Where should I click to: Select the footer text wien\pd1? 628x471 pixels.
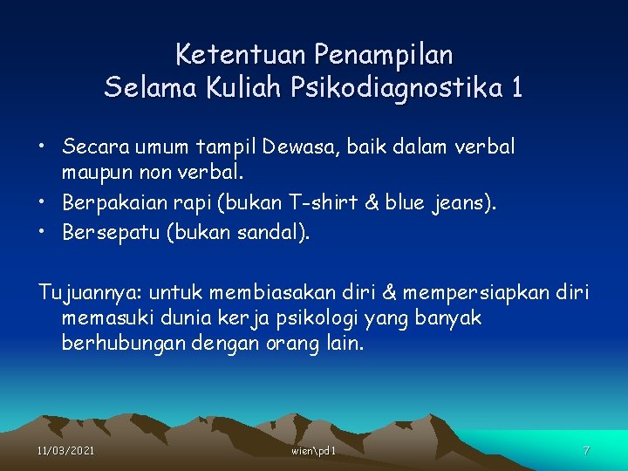point(313,450)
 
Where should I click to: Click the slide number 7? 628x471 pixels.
point(586,450)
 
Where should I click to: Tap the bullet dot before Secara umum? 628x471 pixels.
point(42,146)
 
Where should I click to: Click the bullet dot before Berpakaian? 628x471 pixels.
point(42,203)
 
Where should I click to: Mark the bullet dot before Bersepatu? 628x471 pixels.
point(42,232)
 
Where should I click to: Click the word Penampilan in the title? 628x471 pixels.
point(384,55)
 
